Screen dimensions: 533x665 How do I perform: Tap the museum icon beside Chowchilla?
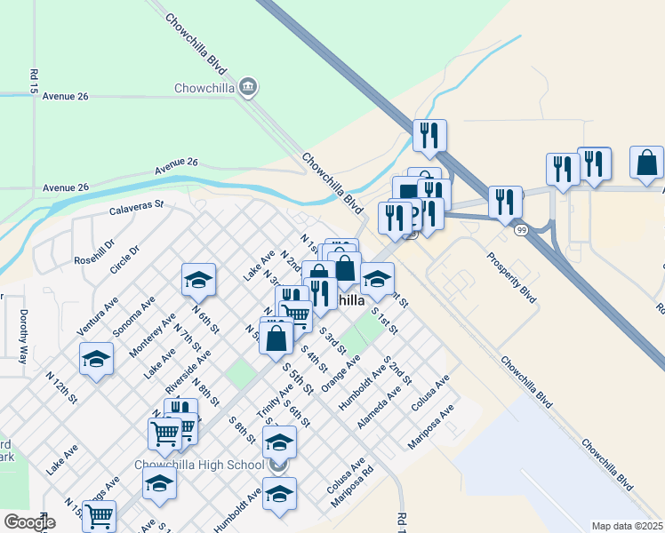click(x=248, y=87)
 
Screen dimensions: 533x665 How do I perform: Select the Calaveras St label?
click(x=137, y=209)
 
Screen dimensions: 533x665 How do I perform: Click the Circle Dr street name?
click(x=124, y=262)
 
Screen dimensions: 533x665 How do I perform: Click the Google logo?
click(x=29, y=521)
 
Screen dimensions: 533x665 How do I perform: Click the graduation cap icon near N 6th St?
click(x=198, y=281)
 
